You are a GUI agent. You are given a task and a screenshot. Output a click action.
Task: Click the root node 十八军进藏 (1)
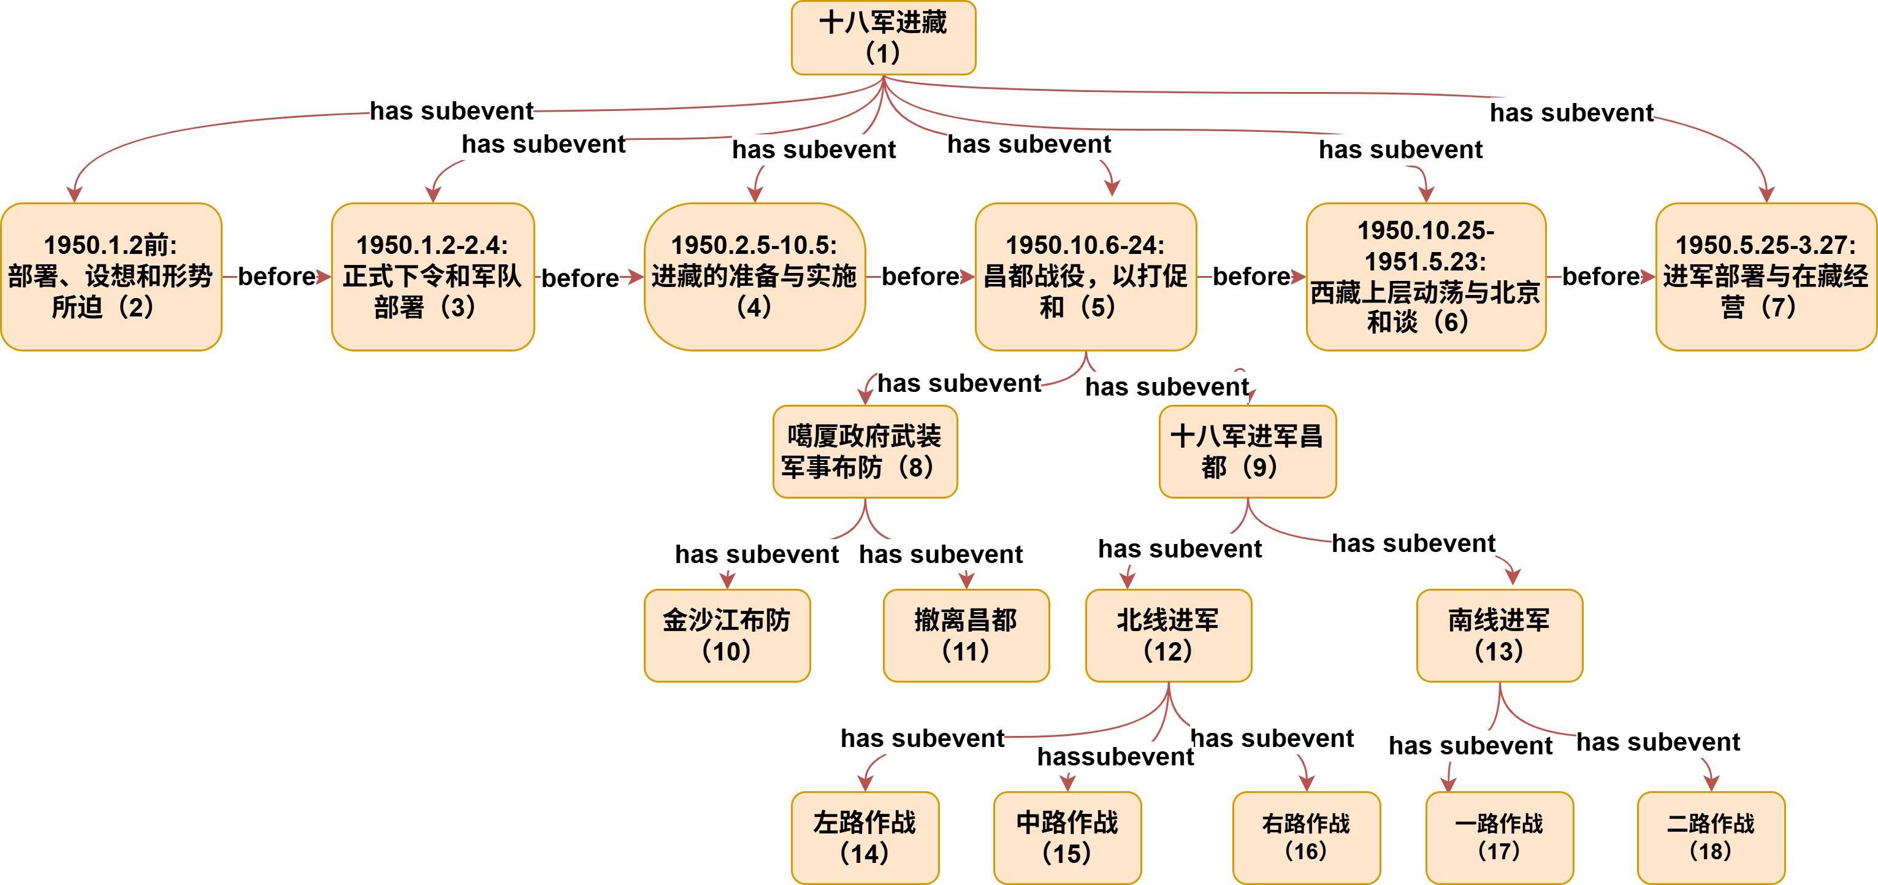click(883, 38)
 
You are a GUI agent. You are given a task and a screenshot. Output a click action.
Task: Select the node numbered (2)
click(111, 276)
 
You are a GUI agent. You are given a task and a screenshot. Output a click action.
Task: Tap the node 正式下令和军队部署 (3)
click(432, 276)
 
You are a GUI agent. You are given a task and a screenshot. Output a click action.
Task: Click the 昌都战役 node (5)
click(1085, 276)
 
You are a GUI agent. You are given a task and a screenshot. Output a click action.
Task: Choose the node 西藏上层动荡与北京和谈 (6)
click(1426, 276)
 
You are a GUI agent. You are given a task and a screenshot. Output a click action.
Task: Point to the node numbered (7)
click(1765, 276)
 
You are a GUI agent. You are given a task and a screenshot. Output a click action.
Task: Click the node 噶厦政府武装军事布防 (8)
click(865, 451)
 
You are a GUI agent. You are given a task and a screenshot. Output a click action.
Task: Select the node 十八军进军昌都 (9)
click(1246, 451)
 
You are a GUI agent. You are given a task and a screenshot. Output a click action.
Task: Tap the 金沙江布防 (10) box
click(727, 635)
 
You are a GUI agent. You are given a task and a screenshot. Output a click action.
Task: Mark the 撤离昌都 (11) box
click(966, 635)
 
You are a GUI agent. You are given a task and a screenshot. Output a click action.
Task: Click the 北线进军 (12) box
click(1168, 635)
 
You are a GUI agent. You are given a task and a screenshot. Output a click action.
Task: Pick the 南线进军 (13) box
click(1499, 635)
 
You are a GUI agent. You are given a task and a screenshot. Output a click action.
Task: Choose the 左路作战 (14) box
click(865, 838)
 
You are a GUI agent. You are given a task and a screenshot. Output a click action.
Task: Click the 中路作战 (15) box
click(1067, 838)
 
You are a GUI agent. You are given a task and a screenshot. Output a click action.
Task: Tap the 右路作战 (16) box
click(1306, 838)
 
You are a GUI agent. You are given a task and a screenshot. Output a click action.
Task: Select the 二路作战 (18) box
click(1711, 838)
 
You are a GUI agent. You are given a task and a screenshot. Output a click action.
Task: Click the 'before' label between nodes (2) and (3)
click(277, 276)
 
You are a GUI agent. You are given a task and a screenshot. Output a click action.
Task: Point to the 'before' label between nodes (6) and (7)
click(1601, 276)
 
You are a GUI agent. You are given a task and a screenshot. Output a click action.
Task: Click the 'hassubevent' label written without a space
click(1115, 757)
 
